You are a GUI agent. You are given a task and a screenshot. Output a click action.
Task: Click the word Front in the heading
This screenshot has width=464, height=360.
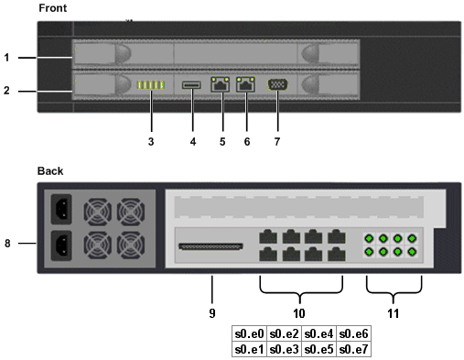tap(52, 8)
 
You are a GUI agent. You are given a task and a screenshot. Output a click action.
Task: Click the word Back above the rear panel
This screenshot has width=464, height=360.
tap(50, 171)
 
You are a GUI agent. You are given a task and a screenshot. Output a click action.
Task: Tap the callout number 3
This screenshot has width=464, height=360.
tap(151, 142)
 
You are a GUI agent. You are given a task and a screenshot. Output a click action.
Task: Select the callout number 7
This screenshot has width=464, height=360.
tap(277, 142)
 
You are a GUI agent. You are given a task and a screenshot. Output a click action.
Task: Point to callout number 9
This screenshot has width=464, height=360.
tap(212, 313)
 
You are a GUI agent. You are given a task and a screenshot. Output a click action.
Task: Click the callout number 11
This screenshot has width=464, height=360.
tap(394, 313)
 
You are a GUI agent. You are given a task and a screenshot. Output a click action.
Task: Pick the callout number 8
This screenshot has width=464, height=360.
tap(7, 244)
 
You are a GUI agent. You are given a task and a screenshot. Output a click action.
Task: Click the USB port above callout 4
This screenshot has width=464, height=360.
tap(191, 85)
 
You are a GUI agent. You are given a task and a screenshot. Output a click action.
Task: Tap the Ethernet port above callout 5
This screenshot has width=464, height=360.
tap(220, 84)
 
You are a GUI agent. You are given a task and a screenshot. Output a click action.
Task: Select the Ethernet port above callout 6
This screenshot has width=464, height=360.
tap(245, 84)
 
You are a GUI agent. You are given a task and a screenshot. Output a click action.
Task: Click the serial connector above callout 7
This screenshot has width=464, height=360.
tap(277, 84)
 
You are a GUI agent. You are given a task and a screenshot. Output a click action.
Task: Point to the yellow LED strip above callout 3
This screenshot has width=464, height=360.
tap(151, 85)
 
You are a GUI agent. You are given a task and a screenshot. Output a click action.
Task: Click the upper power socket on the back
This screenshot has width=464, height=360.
tap(61, 209)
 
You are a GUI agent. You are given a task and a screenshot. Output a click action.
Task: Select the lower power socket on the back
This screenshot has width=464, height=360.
tap(61, 245)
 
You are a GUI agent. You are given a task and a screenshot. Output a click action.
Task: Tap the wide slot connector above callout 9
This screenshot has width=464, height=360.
tap(210, 246)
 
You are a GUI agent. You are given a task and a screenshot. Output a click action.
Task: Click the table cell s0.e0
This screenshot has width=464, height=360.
tap(249, 333)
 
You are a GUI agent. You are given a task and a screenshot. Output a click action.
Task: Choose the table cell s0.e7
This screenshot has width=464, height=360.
tap(353, 349)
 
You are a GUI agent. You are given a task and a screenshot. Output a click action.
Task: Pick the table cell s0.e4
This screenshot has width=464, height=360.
tap(318, 333)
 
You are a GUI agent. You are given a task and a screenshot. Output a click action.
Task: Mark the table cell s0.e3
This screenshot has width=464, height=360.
tap(284, 349)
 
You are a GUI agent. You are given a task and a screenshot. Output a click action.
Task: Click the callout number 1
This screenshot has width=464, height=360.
tap(6, 58)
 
